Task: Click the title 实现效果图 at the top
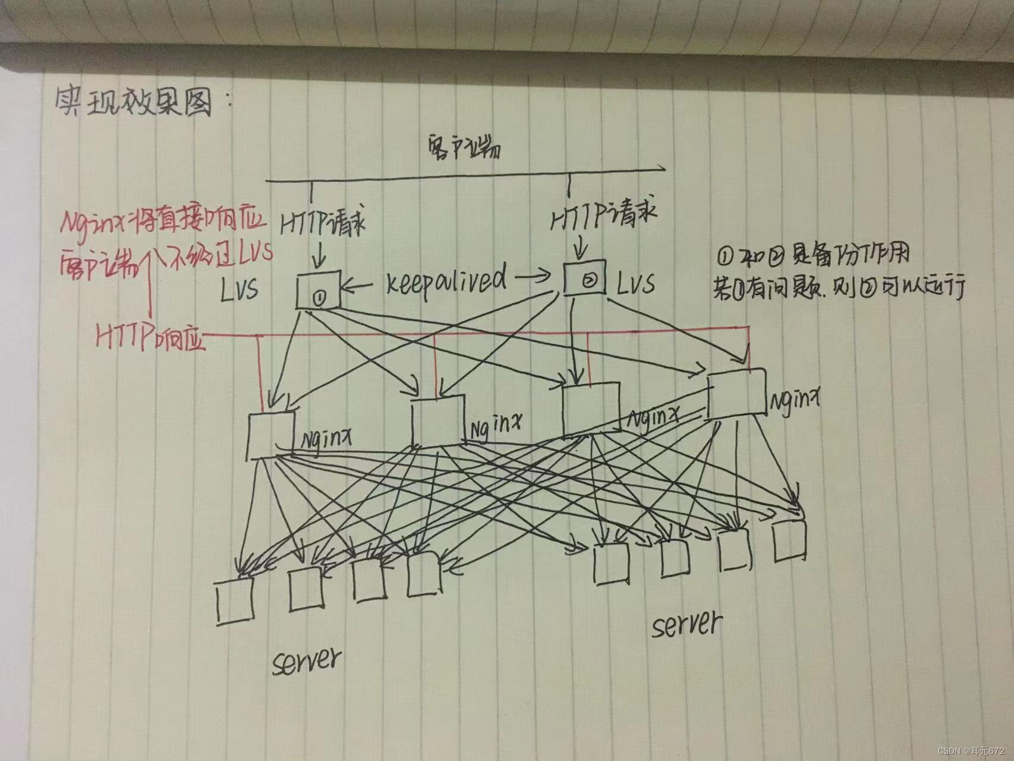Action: click(134, 103)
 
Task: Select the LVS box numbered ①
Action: click(319, 290)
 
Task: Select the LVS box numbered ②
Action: click(585, 278)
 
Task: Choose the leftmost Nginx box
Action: click(271, 436)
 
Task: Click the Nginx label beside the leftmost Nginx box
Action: click(326, 441)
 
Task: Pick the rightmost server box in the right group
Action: click(790, 541)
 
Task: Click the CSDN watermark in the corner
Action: click(972, 751)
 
